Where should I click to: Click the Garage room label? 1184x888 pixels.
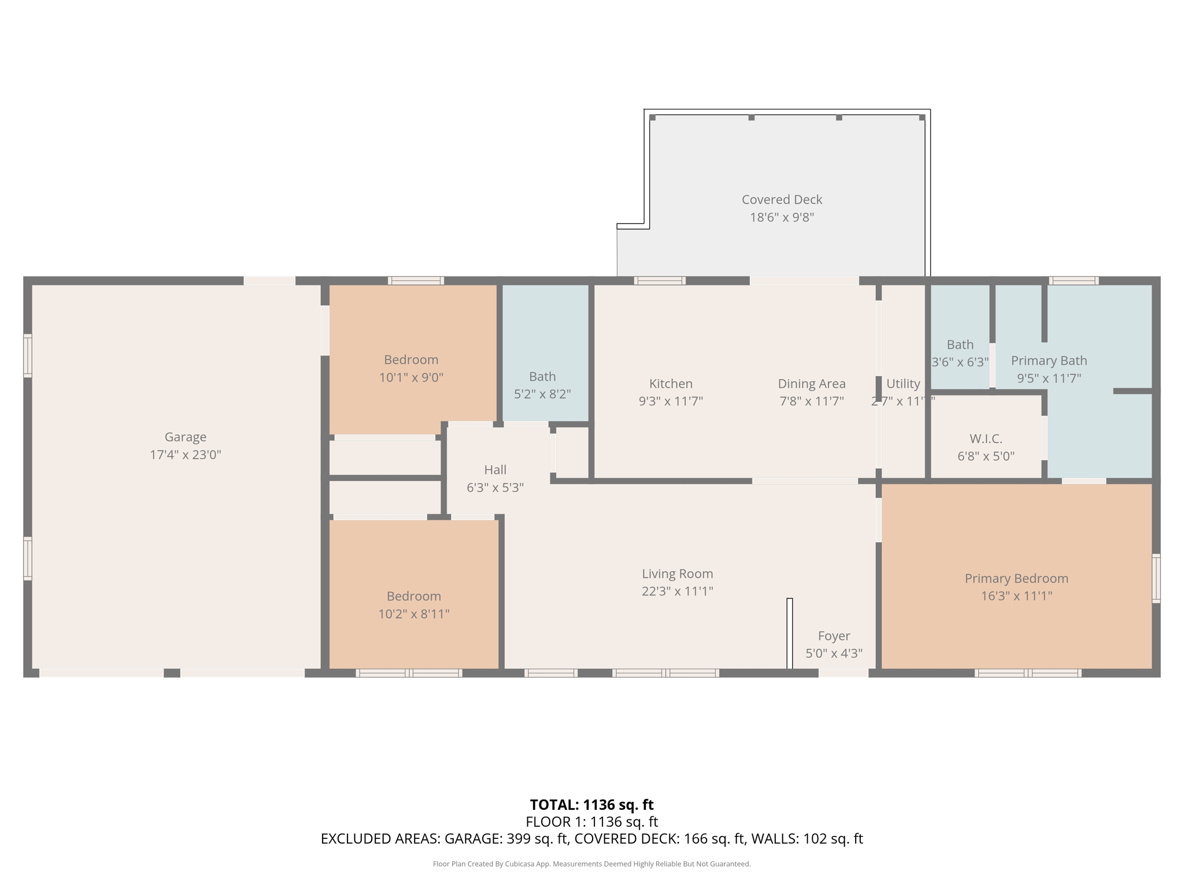tap(185, 437)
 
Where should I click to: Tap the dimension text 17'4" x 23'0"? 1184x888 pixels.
tap(185, 455)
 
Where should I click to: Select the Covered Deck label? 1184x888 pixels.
tap(782, 199)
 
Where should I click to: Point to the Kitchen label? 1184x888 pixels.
tap(671, 384)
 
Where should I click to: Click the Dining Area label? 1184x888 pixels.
tap(811, 384)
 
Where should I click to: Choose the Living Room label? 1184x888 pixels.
tap(677, 573)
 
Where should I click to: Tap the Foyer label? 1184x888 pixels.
tap(834, 636)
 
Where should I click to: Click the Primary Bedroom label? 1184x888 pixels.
tap(1016, 578)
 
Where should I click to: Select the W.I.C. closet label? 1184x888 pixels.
tap(986, 439)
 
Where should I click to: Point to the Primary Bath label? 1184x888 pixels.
tap(1049, 361)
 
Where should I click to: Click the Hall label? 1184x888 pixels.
tap(495, 469)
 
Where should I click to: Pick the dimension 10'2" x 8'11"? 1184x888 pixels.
tap(413, 614)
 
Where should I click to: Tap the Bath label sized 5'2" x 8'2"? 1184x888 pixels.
tap(542, 377)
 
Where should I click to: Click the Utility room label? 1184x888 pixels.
tap(903, 384)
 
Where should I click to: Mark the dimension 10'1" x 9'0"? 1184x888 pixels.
tap(411, 378)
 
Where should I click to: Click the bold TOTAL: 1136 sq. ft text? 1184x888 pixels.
tap(591, 805)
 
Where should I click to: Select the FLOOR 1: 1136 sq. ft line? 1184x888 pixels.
tap(591, 822)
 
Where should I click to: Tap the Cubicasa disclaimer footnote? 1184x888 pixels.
tap(591, 864)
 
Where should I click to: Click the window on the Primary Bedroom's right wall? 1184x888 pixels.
tap(1156, 578)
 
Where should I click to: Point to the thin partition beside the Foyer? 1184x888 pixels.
tap(790, 633)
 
